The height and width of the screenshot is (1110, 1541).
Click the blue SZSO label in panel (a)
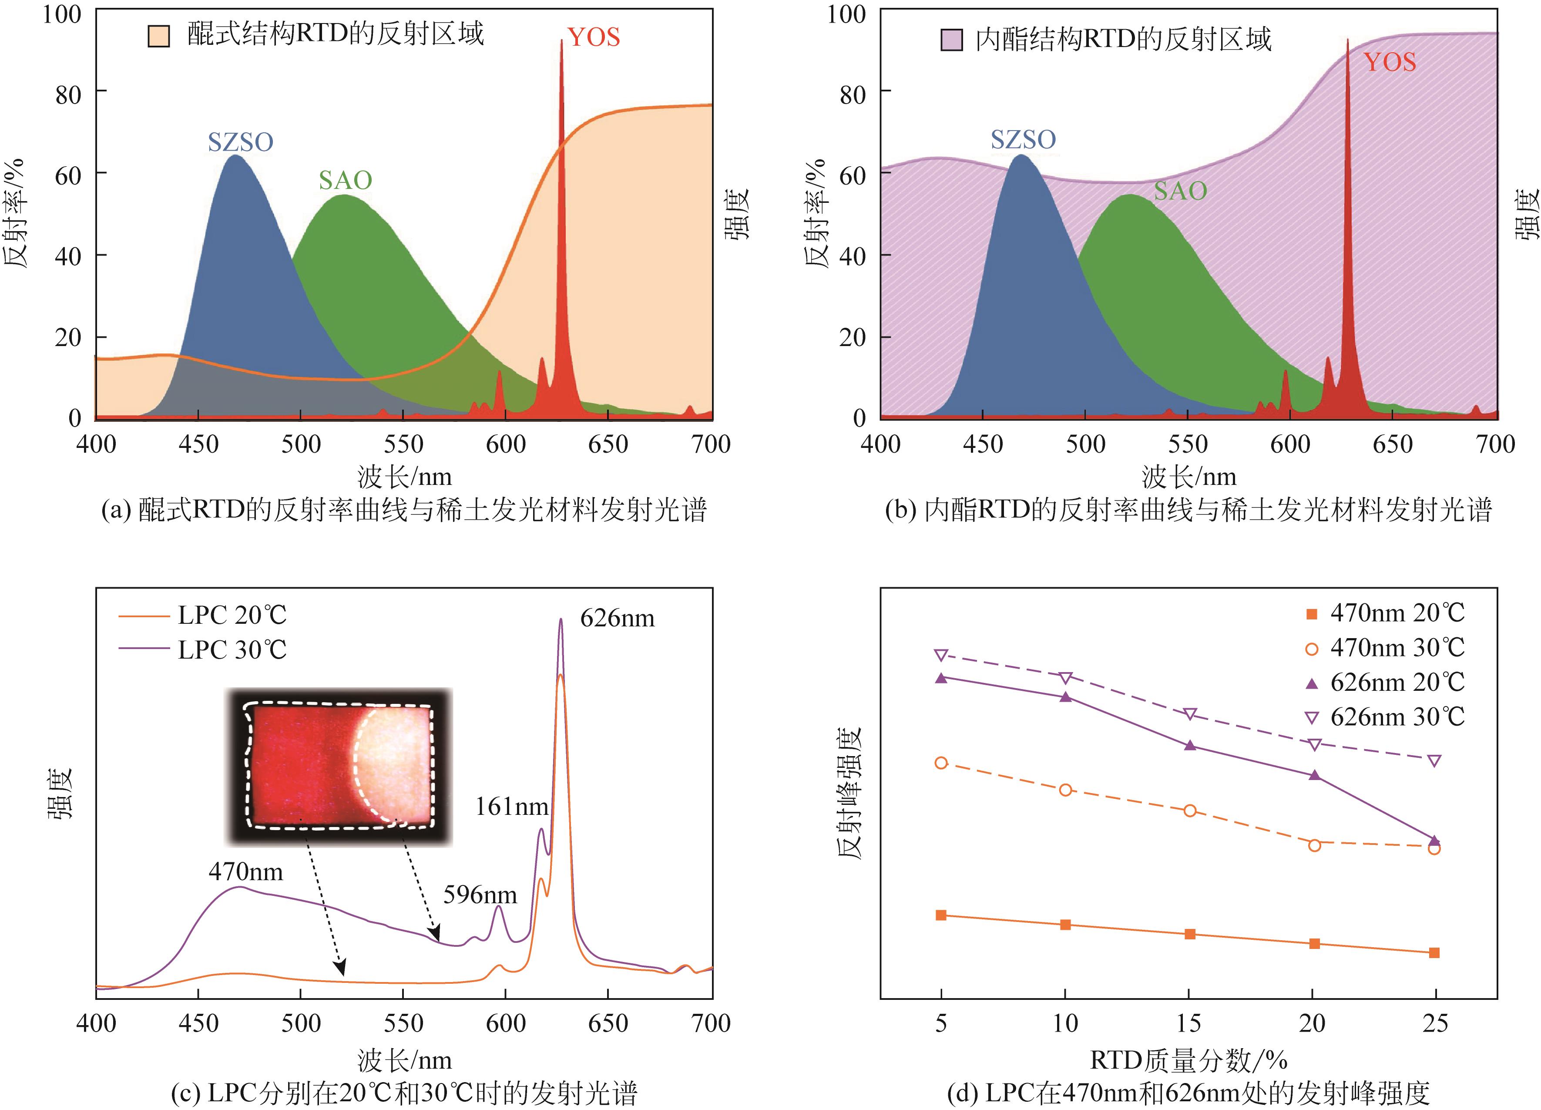[x=241, y=142]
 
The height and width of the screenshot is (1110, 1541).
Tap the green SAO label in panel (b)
[x=1180, y=191]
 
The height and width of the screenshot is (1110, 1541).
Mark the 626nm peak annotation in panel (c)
[x=617, y=619]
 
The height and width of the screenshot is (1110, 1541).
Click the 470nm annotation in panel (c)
[x=245, y=872]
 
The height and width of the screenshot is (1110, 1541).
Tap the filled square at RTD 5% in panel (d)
[x=941, y=915]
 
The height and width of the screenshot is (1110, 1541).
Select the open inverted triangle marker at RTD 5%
[x=941, y=655]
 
